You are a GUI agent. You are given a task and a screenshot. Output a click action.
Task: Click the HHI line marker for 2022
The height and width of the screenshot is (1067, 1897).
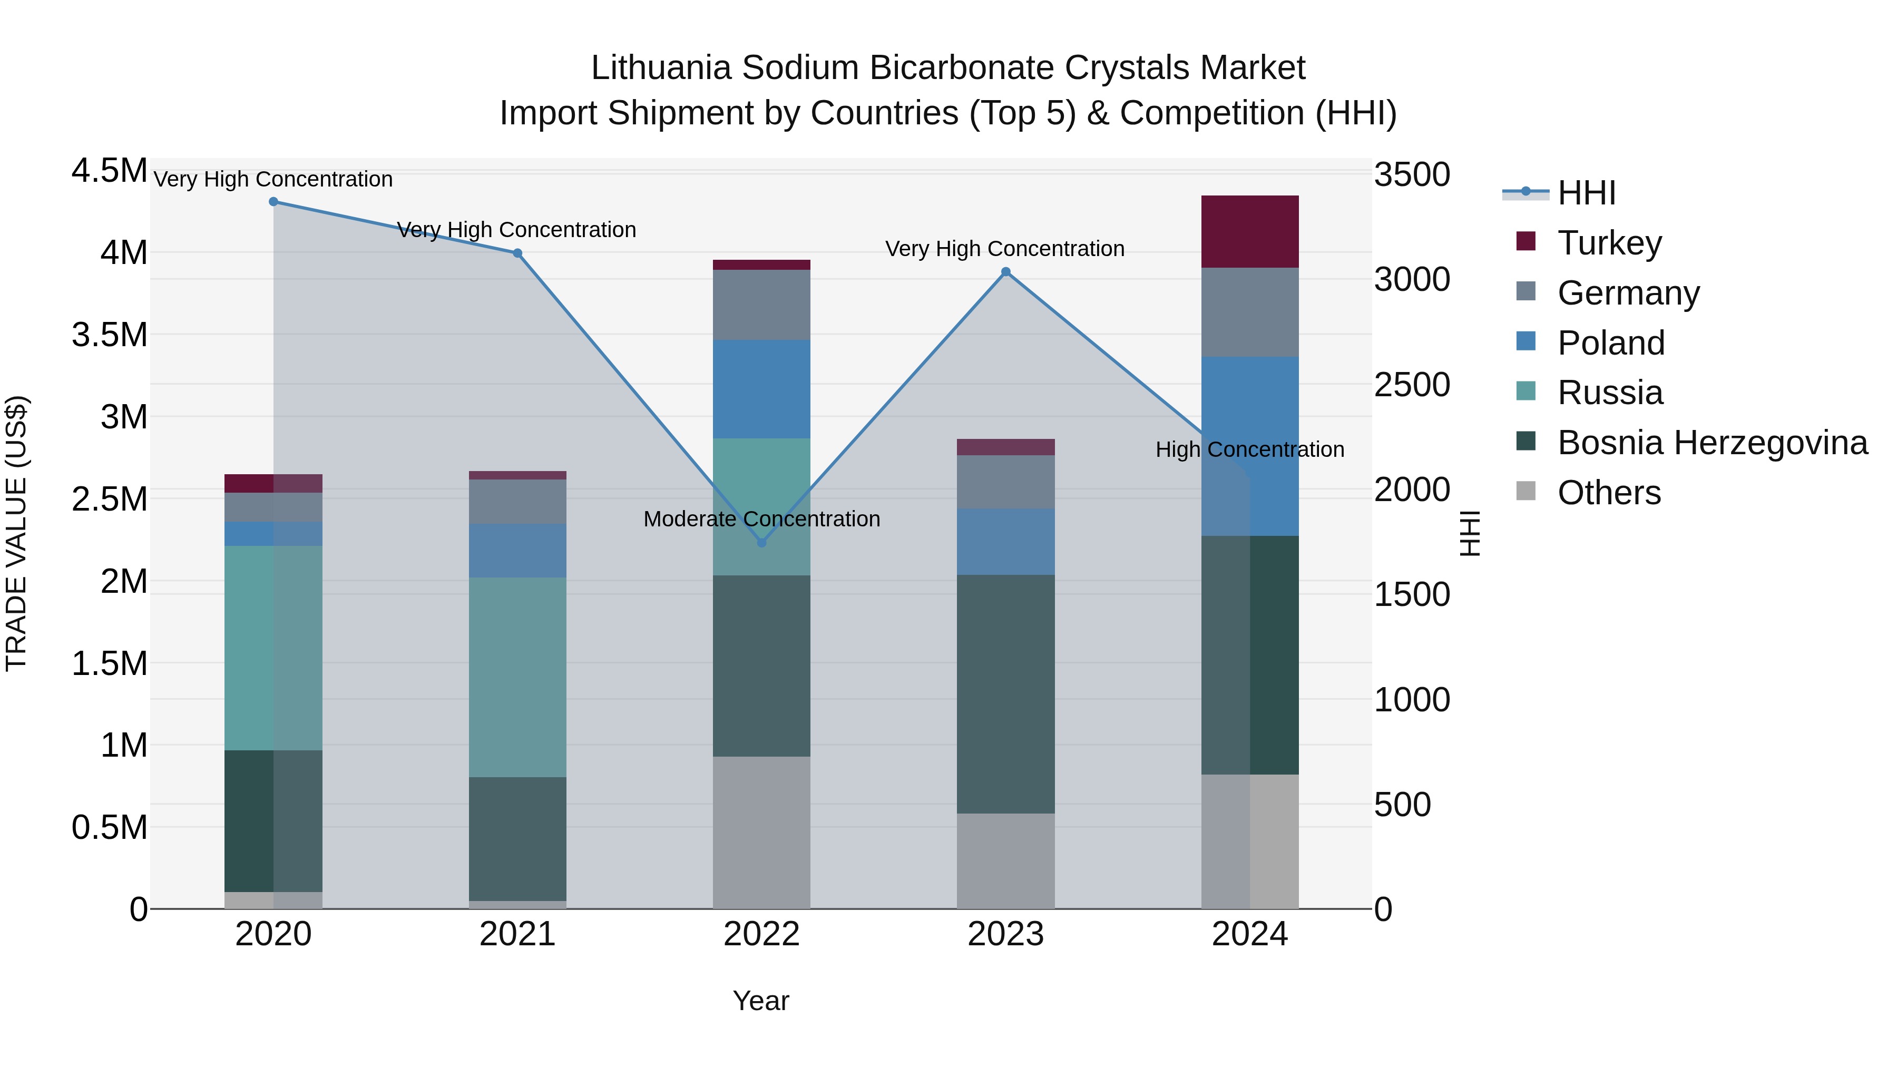pos(761,543)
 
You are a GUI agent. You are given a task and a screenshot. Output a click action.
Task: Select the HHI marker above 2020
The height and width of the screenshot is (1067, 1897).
pos(273,202)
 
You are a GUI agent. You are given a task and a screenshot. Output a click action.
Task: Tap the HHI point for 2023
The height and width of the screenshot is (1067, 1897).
pos(1006,272)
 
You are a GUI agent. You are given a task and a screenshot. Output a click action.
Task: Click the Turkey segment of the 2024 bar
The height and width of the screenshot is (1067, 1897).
pos(1250,232)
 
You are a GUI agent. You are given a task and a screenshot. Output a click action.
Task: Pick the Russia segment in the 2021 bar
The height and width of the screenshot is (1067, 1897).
pos(517,678)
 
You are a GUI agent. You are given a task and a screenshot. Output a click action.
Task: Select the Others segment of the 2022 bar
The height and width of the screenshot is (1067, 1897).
pos(761,832)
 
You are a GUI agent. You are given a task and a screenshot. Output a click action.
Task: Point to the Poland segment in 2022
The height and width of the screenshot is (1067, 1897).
pos(761,389)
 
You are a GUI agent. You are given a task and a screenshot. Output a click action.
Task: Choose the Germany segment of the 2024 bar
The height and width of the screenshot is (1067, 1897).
pos(1250,312)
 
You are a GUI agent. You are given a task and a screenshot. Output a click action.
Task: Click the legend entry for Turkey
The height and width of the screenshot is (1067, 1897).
pos(1609,243)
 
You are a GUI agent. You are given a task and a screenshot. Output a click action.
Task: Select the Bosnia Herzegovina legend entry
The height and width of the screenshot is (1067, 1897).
pos(1712,443)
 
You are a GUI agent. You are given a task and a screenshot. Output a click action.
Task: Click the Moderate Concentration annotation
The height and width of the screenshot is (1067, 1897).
pos(761,519)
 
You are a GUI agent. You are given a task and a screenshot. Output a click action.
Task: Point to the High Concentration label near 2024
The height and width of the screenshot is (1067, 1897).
pos(1250,449)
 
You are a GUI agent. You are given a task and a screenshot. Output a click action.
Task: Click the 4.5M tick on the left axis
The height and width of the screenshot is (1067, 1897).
pos(109,171)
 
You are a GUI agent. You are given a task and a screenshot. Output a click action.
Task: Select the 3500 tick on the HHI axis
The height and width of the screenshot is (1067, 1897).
pos(1412,175)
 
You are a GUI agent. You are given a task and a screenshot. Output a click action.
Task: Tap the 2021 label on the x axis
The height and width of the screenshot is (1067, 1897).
pos(517,934)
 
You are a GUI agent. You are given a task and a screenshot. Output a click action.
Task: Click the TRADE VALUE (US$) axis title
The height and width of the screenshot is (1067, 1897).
pos(16,533)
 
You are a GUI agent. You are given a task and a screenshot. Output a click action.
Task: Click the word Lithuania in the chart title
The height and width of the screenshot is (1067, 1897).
pos(661,68)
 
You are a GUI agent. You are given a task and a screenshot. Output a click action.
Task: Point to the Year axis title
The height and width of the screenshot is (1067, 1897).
pos(761,1001)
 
